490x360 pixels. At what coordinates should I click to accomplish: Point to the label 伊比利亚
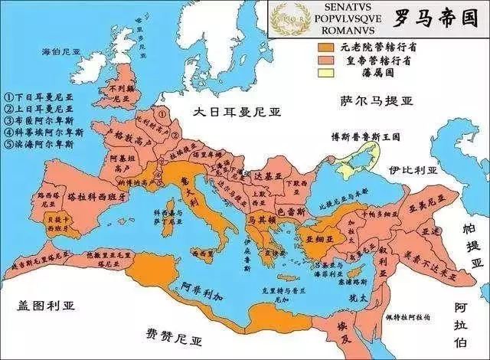pyautogui.click(x=411, y=169)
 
